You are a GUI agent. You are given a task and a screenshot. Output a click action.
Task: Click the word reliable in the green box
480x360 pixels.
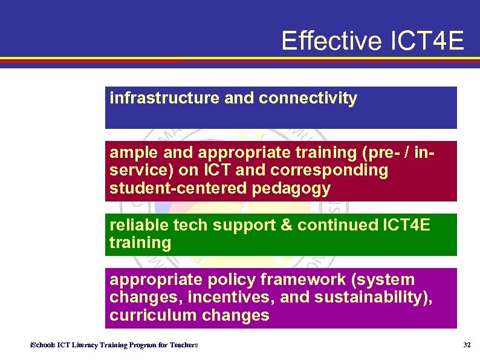pos(138,225)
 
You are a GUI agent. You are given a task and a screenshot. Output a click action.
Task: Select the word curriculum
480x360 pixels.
pos(149,316)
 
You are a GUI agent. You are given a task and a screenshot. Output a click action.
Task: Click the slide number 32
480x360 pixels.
pos(466,345)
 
